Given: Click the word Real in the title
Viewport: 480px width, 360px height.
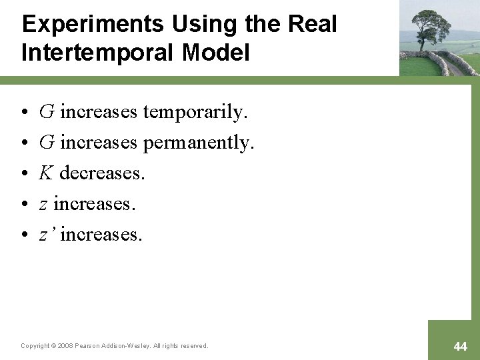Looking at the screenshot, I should (x=313, y=25).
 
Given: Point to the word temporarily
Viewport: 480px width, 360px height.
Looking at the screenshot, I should (x=195, y=112).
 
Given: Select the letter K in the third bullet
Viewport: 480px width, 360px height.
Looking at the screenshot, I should (x=46, y=173).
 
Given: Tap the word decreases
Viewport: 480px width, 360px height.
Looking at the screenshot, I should (x=102, y=173).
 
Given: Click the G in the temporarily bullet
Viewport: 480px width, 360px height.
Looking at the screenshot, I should (x=47, y=112).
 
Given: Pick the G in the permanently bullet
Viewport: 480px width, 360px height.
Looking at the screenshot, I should (x=47, y=143).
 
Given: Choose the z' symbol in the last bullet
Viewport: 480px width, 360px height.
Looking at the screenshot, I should (x=45, y=235).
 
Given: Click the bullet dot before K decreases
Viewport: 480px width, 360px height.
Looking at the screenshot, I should (x=24, y=174).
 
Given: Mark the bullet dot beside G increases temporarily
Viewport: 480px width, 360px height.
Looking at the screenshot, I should (x=24, y=113).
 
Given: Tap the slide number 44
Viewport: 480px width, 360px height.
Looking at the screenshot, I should (x=460, y=346).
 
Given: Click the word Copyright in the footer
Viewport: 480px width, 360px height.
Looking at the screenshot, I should (x=35, y=346).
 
